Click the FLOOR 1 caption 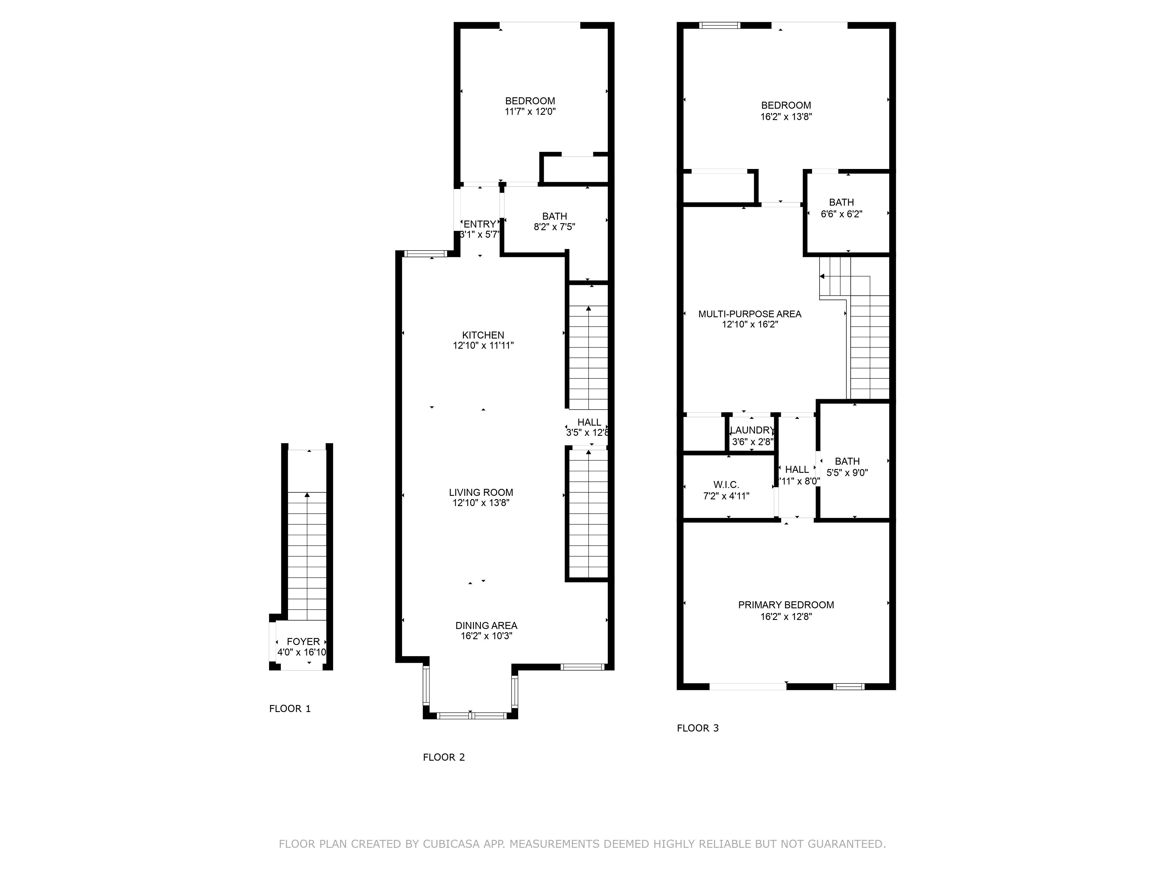(290, 709)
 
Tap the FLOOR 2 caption (444, 757)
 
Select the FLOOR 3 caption (697, 728)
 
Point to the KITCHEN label (483, 335)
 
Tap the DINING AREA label (486, 625)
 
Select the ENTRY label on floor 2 (479, 224)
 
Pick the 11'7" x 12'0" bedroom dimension (530, 112)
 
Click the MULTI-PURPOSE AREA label (749, 314)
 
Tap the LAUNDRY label (752, 430)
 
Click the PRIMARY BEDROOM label (786, 605)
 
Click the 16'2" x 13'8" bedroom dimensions (786, 117)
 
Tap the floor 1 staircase (307, 556)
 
